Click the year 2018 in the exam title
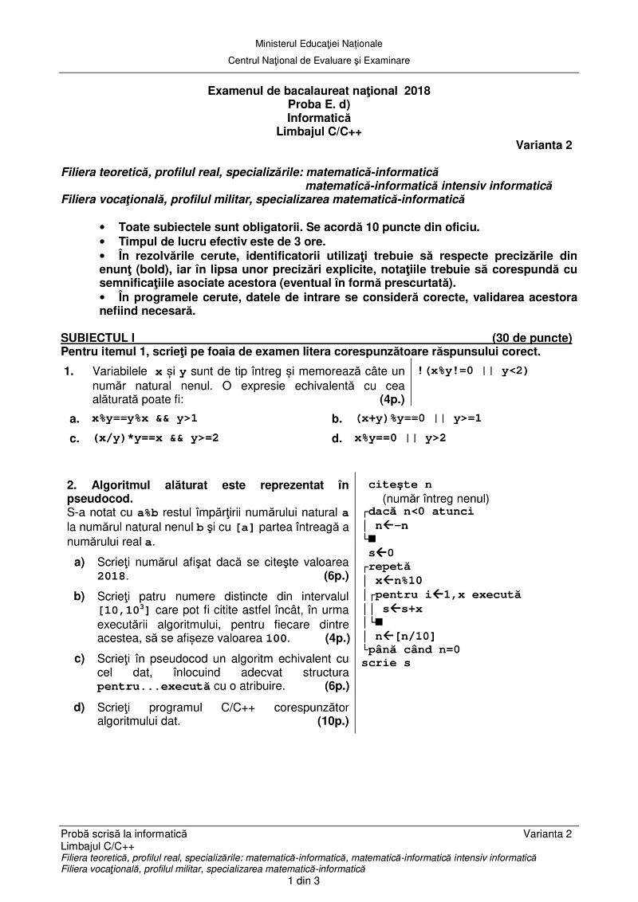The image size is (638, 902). coord(417,91)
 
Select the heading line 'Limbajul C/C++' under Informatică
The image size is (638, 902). coord(319,131)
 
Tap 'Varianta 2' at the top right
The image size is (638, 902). coord(544,145)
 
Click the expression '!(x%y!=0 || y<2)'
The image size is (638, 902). coord(473,371)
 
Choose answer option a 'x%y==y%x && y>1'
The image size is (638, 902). coord(144,418)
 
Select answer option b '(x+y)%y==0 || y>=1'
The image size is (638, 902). coord(419,418)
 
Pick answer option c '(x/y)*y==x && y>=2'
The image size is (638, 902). coord(156,437)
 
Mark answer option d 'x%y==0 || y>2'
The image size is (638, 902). coord(400,437)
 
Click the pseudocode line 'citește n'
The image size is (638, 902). coord(400,484)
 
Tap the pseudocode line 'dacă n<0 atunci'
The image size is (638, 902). coord(420,512)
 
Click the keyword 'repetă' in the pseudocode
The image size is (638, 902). coord(389,567)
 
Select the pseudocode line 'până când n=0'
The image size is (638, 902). coord(414,649)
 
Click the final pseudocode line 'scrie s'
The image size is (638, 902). coord(386,663)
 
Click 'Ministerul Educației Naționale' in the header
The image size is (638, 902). coord(319,43)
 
